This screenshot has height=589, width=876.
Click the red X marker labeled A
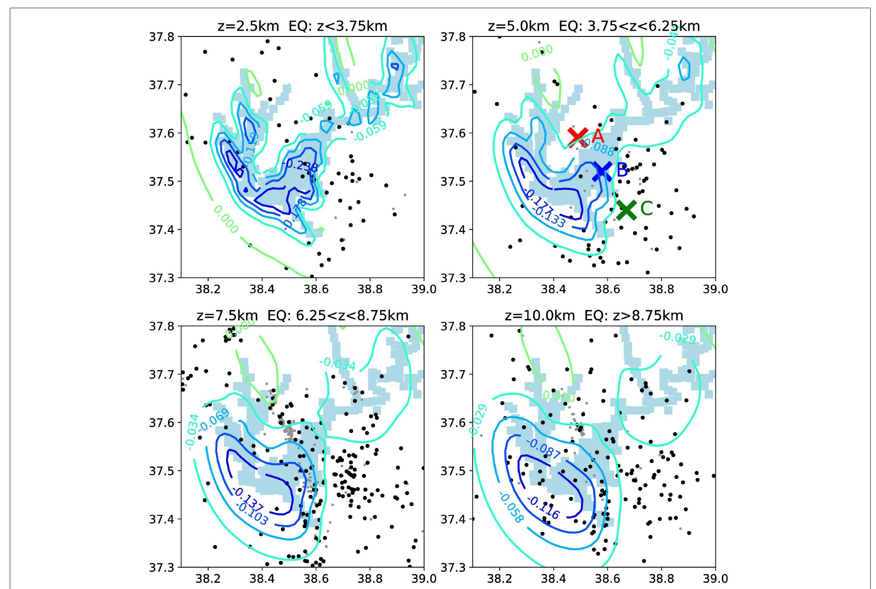point(578,137)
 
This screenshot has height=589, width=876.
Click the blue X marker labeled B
point(602,171)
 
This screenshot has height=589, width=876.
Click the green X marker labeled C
point(626,210)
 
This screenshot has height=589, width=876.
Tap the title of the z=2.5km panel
point(302,27)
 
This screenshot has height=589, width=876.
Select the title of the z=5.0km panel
point(594,27)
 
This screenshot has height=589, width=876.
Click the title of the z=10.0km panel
point(594,316)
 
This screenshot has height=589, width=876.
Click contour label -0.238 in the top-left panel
point(300,165)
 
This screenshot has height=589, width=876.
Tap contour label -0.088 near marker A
point(597,147)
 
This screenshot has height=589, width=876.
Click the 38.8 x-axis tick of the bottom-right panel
point(661,579)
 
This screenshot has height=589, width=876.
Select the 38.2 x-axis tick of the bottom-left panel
point(208,579)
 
